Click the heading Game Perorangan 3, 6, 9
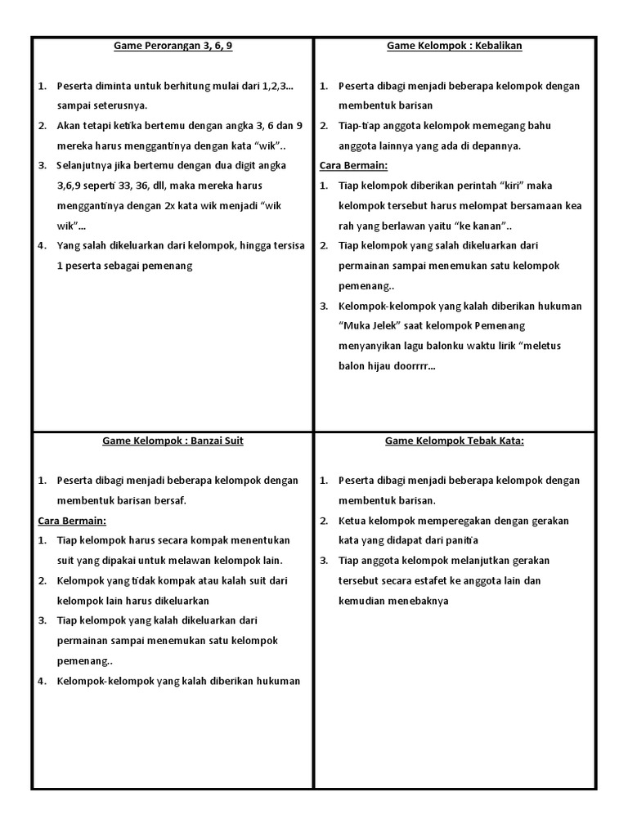pyautogui.click(x=173, y=46)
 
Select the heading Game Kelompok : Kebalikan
pyautogui.click(x=455, y=46)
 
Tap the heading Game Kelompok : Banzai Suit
pyautogui.click(x=173, y=441)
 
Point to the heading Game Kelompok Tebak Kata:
pyautogui.click(x=455, y=441)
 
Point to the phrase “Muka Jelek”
pyautogui.click(x=368, y=325)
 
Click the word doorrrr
pyautogui.click(x=415, y=365)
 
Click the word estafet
pyautogui.click(x=449, y=580)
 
